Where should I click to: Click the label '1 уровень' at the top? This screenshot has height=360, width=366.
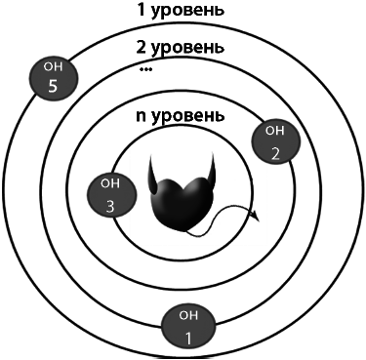click(x=183, y=12)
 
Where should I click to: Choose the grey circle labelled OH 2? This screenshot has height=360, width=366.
click(x=274, y=142)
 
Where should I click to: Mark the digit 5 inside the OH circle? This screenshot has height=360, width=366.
click(x=53, y=86)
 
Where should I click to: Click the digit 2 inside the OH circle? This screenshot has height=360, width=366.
click(x=275, y=152)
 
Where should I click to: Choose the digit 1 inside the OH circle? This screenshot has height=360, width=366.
click(x=190, y=338)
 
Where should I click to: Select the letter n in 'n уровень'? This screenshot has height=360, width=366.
click(x=142, y=116)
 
